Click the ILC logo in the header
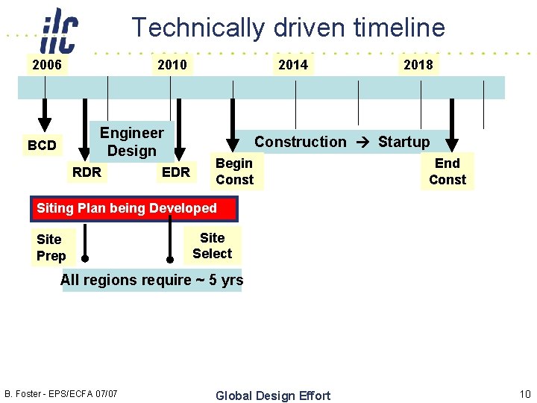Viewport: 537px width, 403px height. click(x=59, y=30)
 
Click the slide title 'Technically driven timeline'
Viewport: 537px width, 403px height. click(x=288, y=28)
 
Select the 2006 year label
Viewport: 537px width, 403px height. click(x=47, y=65)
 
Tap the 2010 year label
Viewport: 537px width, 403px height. click(x=172, y=65)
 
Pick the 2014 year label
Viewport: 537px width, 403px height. click(x=292, y=65)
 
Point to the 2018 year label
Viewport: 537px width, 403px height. click(x=418, y=65)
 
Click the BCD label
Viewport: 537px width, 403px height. click(x=42, y=145)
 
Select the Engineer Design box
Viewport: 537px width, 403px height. click(x=132, y=142)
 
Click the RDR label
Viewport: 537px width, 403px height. click(x=87, y=172)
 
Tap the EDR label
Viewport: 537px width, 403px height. click(x=176, y=172)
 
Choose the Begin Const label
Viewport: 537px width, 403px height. click(x=234, y=172)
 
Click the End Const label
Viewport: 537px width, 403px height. click(x=447, y=172)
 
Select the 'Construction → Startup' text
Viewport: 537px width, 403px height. click(x=342, y=142)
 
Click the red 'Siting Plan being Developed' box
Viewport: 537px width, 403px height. click(x=134, y=209)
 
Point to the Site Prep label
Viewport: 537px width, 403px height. click(x=51, y=248)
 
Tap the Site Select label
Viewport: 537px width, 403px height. click(x=212, y=246)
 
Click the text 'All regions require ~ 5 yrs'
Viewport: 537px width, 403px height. click(x=151, y=281)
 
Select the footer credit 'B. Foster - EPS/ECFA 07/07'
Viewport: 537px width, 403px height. click(x=61, y=393)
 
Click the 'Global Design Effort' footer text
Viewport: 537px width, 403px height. click(x=272, y=396)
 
